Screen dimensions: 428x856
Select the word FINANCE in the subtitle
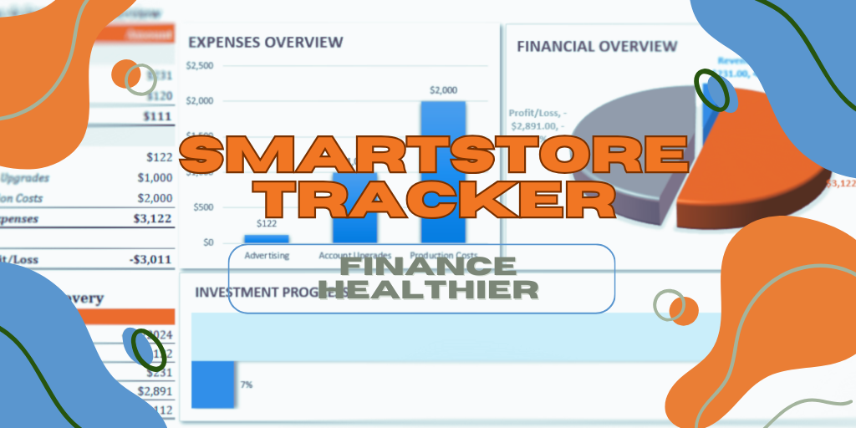click(429, 267)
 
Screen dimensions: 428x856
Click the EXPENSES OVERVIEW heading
click(265, 42)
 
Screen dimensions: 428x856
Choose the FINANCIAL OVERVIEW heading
click(597, 46)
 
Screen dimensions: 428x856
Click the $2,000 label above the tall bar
click(443, 89)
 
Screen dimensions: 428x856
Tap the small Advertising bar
click(267, 238)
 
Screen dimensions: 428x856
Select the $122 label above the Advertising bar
click(266, 223)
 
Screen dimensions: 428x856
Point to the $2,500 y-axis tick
click(201, 66)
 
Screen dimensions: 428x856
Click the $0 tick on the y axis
click(207, 242)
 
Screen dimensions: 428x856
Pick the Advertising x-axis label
click(267, 256)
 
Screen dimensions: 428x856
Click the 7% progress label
click(247, 385)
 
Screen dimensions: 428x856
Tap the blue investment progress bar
click(213, 385)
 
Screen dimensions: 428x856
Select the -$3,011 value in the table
click(150, 260)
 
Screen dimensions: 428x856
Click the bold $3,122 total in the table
click(152, 219)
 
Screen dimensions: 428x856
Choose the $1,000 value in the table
click(155, 178)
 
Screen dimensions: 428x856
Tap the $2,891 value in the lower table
click(154, 390)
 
